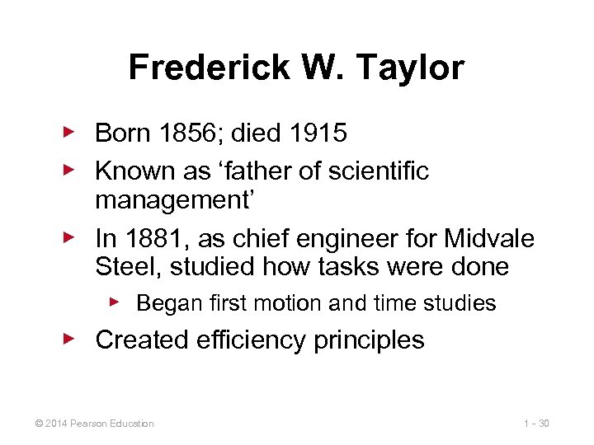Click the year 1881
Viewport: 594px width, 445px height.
click(150, 239)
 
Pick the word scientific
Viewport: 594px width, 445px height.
click(378, 171)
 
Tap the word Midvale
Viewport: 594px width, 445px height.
click(489, 239)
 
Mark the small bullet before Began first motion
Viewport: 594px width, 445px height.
click(115, 302)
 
